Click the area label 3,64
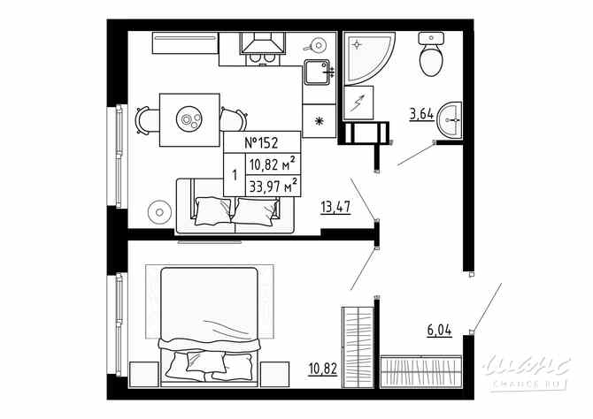tap(421, 112)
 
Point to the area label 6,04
tap(439, 331)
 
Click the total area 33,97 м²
tap(272, 186)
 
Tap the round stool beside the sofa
tap(160, 212)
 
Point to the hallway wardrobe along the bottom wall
tap(421, 369)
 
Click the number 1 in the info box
tap(234, 175)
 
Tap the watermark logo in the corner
tap(531, 369)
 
